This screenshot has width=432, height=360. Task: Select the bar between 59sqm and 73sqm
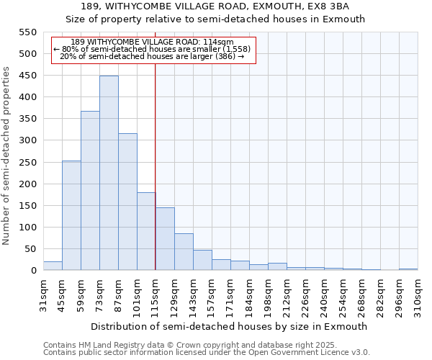(90, 191)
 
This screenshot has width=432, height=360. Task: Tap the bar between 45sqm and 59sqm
(71, 216)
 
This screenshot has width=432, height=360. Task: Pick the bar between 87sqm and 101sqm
(127, 202)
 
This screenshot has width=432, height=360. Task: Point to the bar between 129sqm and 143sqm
(184, 252)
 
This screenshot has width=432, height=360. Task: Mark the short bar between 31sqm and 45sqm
(53, 266)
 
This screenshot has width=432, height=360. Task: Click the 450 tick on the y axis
(27, 76)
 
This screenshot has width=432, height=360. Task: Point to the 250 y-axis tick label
(27, 163)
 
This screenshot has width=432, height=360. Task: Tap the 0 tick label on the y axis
(33, 271)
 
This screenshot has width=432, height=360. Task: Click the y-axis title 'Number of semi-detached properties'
(6, 156)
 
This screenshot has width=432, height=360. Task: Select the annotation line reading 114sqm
(153, 42)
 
